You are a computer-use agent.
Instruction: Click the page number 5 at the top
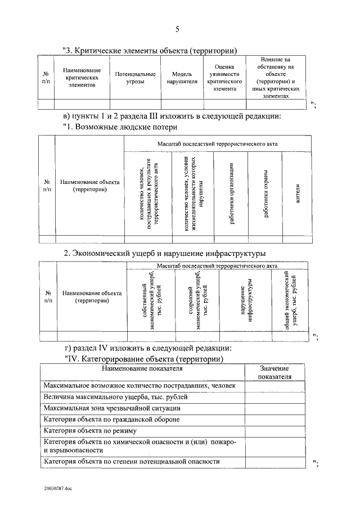177,29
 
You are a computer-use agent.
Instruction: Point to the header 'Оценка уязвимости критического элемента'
224,78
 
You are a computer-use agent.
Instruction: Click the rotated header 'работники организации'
231,193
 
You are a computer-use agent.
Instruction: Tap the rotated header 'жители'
298,193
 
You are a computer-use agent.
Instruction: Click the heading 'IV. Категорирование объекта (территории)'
143,359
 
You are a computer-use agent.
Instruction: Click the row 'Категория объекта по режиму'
90,431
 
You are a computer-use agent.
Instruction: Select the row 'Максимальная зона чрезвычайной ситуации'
112,408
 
